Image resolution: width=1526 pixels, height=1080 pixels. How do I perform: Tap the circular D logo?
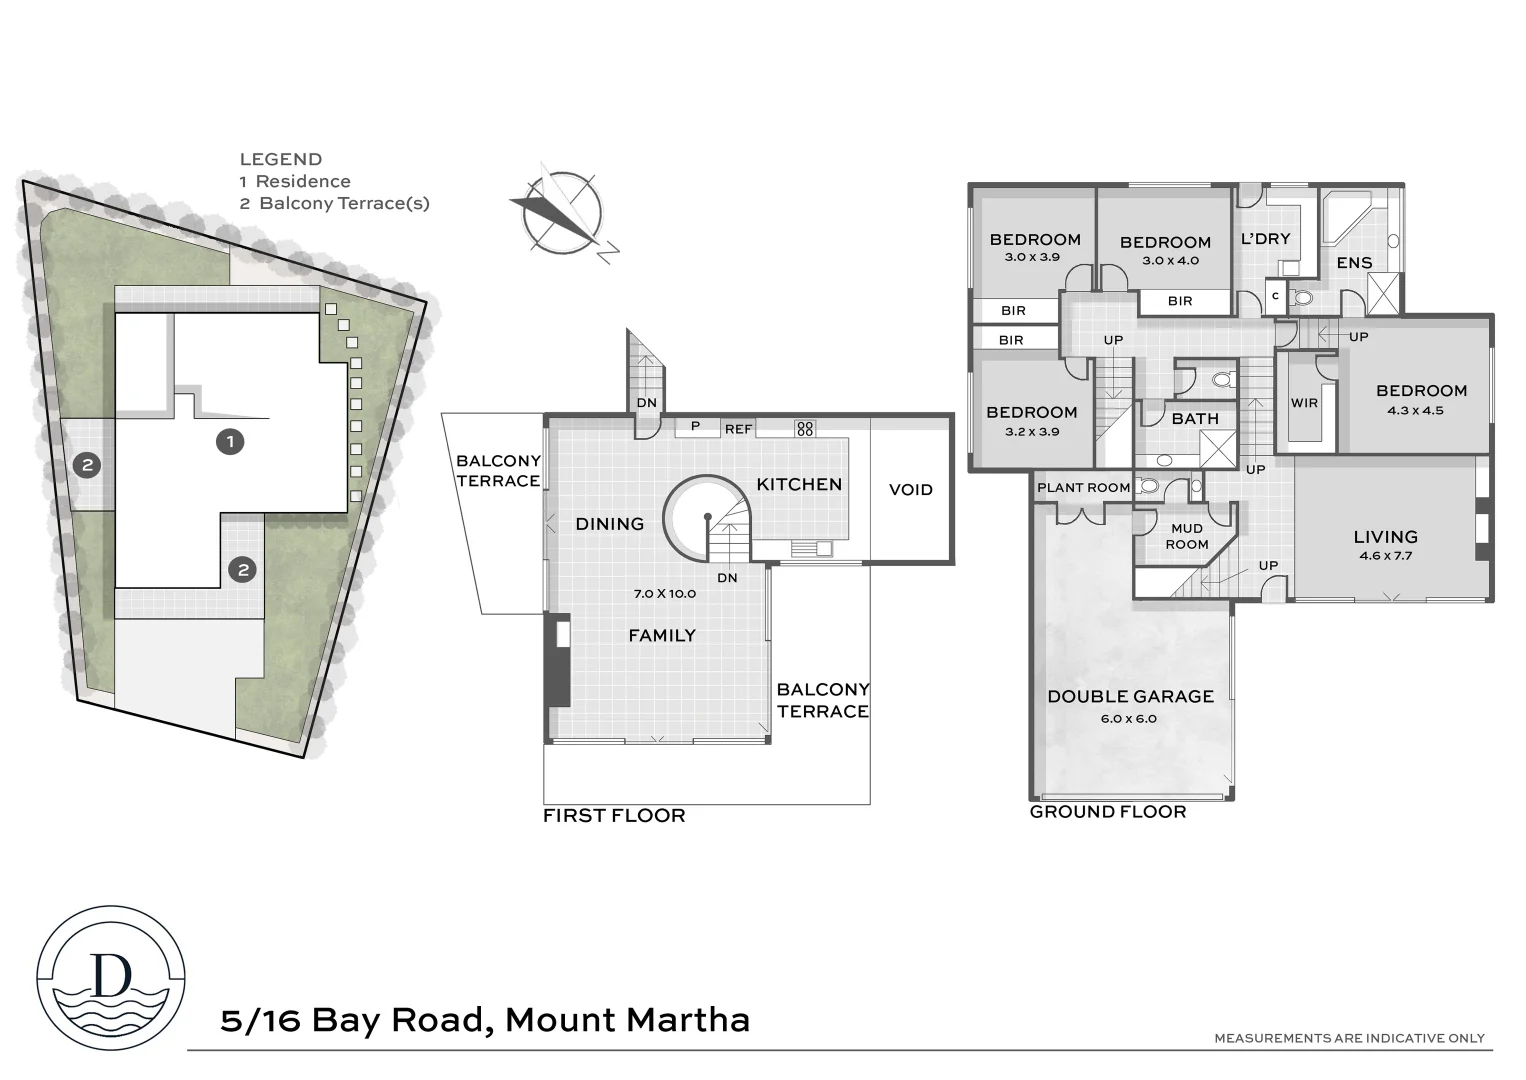click(111, 979)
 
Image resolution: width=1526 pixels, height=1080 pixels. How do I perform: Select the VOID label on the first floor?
click(910, 490)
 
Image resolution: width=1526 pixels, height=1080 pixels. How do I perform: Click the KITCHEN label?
click(799, 484)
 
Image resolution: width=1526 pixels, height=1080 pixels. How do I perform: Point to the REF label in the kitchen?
click(738, 429)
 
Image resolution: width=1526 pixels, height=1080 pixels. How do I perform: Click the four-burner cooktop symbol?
click(805, 429)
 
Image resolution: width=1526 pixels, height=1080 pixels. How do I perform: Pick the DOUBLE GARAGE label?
click(1130, 696)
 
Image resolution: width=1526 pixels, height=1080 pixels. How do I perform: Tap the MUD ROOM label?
click(1187, 536)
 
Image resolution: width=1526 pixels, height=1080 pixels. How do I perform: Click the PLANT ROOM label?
click(1083, 488)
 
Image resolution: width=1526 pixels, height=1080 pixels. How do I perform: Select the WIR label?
click(1304, 403)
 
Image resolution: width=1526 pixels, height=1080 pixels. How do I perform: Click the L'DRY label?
click(1265, 239)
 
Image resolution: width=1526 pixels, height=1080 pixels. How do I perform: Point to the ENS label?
click(1354, 263)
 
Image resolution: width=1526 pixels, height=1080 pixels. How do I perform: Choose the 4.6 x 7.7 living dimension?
click(1385, 556)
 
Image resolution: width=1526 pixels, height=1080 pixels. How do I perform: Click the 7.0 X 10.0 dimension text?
click(664, 593)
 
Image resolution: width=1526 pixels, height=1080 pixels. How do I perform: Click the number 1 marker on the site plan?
click(230, 441)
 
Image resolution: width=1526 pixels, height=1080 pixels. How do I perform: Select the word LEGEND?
click(280, 159)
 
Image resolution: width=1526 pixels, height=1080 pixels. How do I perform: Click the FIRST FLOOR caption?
click(614, 816)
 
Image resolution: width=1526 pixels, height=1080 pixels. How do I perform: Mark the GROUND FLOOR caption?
click(1108, 812)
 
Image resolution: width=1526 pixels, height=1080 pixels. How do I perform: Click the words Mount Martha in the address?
click(627, 1020)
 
